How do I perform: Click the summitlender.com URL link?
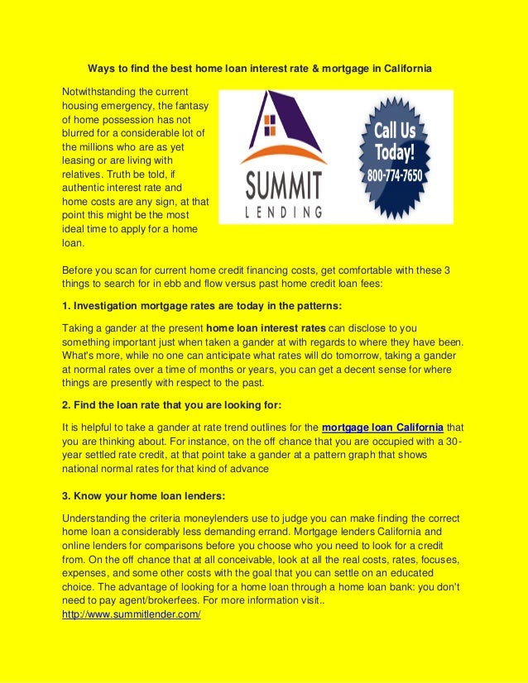point(132,616)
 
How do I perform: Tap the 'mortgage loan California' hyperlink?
point(382,427)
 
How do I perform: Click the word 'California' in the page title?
point(405,67)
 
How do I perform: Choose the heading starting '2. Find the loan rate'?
point(172,405)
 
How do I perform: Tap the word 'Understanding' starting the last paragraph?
point(95,518)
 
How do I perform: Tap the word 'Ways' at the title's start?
point(100,67)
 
